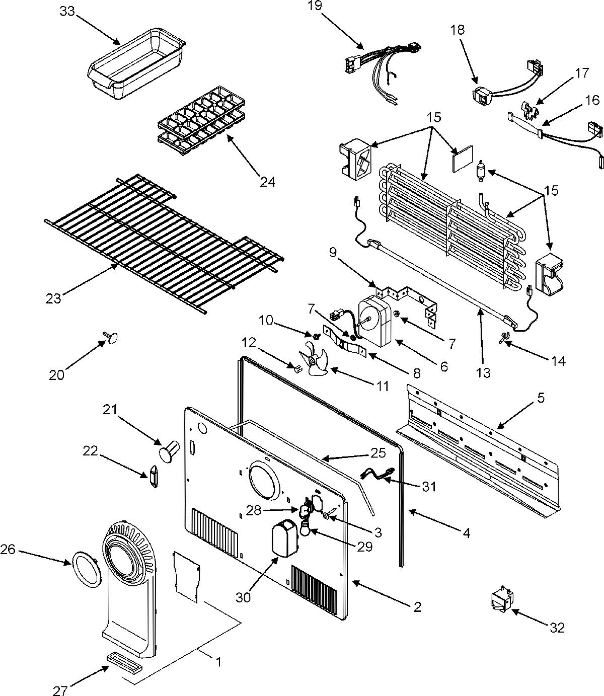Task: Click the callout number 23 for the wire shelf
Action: [x=53, y=298]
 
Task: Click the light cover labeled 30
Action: [x=284, y=539]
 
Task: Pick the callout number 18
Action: [x=458, y=30]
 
